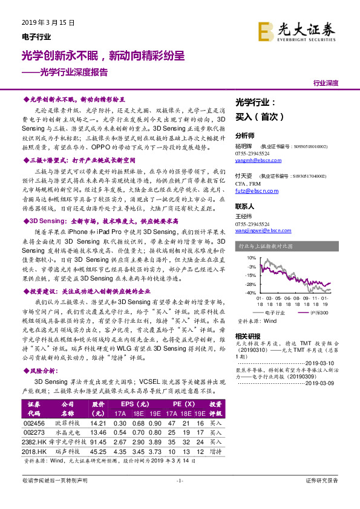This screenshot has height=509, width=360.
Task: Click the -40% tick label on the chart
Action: (x=249, y=293)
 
